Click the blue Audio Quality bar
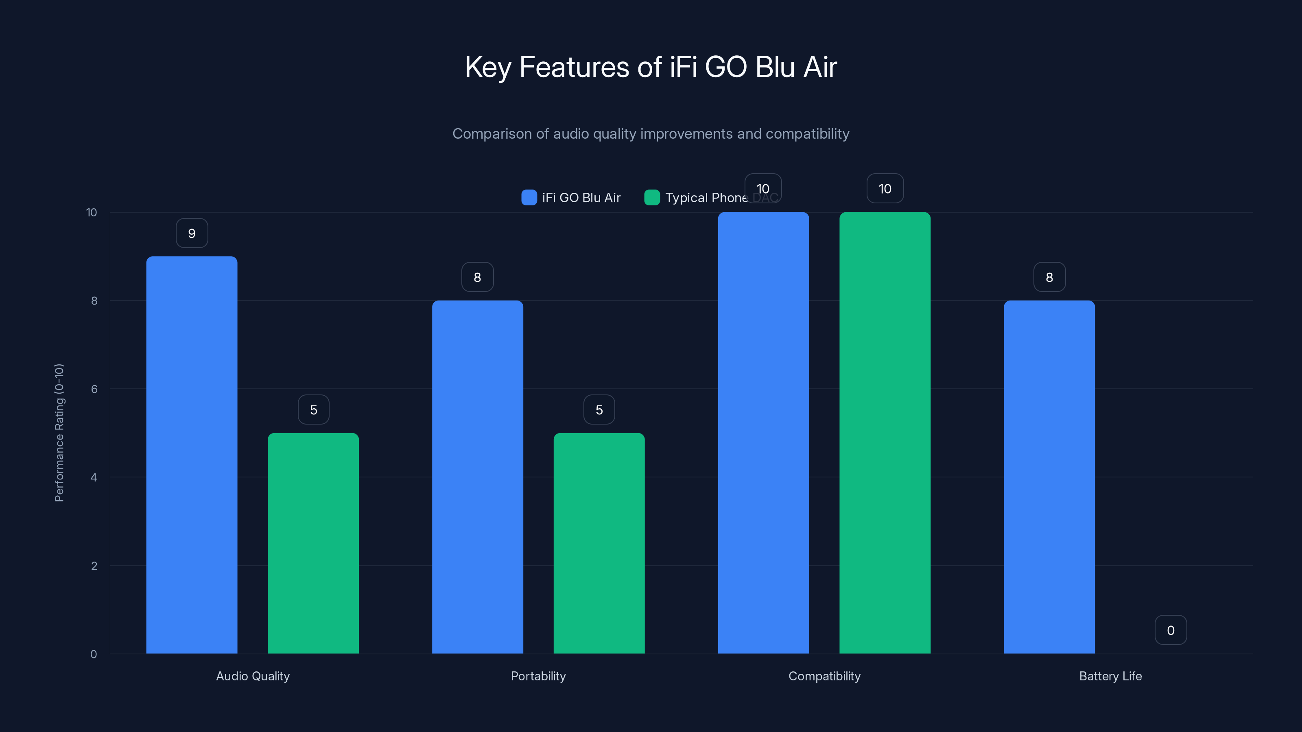point(192,455)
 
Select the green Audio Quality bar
point(313,543)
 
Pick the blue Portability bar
point(477,477)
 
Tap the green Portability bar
point(599,543)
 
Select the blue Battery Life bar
point(1049,477)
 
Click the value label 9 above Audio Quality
point(192,233)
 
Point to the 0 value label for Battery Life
point(1171,630)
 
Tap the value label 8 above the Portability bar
point(477,277)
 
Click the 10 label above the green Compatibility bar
point(885,188)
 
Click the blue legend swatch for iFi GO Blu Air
point(529,198)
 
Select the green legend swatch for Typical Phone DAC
point(652,198)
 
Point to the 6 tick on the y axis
point(94,389)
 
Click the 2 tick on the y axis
point(94,566)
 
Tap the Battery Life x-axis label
point(1110,676)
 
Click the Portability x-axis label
point(538,676)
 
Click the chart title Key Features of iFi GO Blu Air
point(651,67)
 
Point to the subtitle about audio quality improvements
point(651,134)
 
